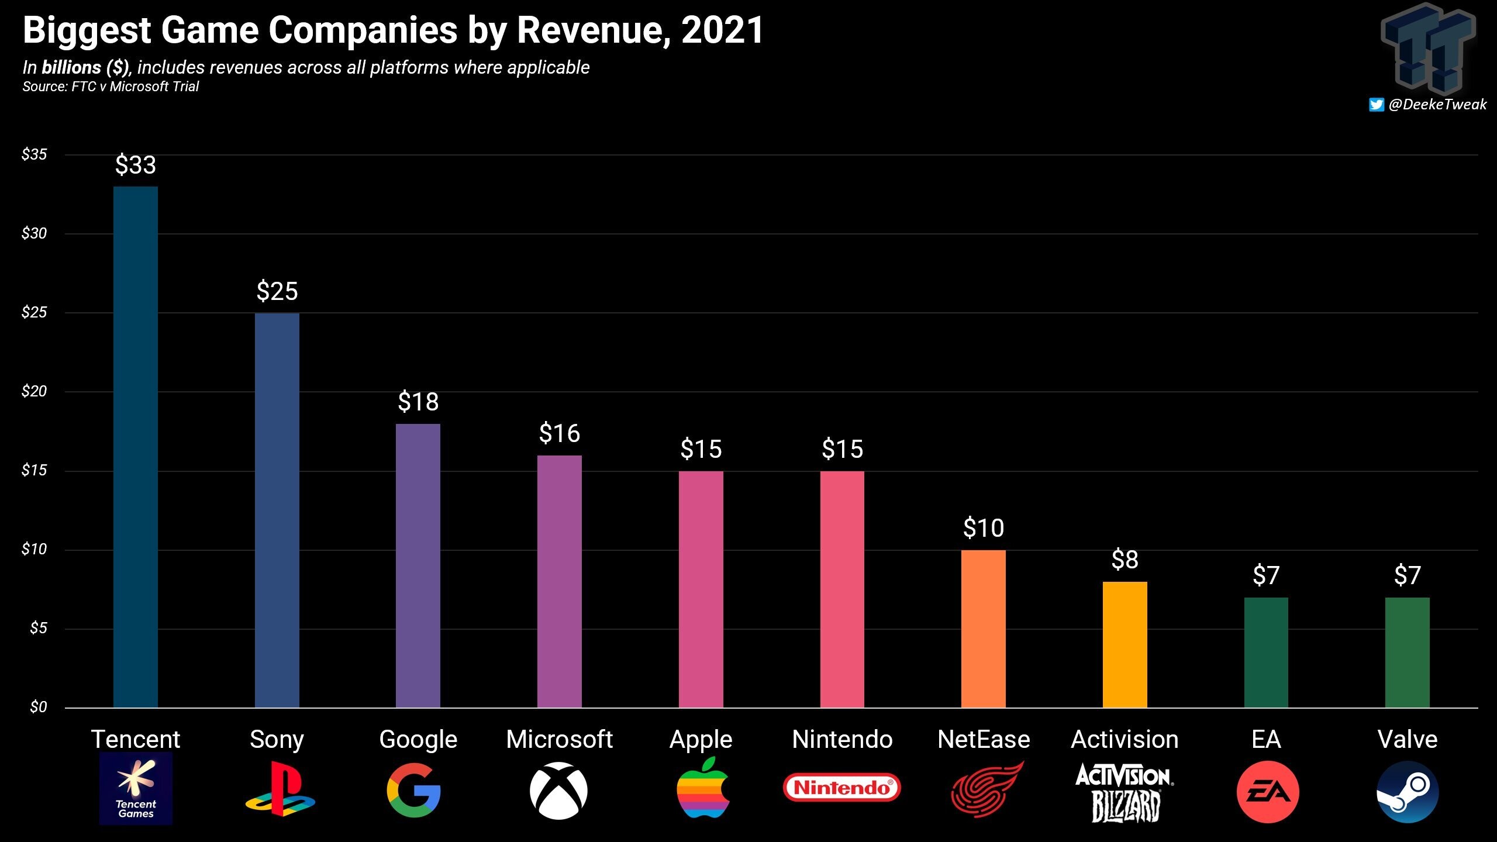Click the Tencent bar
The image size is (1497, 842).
[x=135, y=447]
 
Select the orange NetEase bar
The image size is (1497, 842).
[x=983, y=629]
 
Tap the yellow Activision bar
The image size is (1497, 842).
[x=1125, y=644]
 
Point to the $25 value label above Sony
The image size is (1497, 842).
[x=277, y=291]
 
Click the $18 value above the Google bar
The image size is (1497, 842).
[x=418, y=402]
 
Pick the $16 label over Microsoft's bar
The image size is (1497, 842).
[x=560, y=433]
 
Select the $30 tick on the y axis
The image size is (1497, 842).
[x=34, y=233]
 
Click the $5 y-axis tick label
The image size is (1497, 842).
[x=38, y=628]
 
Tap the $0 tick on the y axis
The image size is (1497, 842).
[x=38, y=707]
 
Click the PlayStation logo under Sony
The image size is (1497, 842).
[x=280, y=789]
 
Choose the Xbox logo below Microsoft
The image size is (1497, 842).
[x=558, y=791]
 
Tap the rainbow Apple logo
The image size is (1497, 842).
[x=702, y=788]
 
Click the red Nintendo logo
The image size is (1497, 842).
[x=841, y=788]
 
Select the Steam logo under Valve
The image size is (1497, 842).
[x=1408, y=792]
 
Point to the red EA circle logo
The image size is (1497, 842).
[x=1267, y=792]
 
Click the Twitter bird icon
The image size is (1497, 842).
[x=1376, y=105]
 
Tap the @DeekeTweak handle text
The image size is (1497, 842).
[x=1437, y=105]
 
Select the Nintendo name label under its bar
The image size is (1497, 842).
[x=842, y=740]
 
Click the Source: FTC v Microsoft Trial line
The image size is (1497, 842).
[x=111, y=87]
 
